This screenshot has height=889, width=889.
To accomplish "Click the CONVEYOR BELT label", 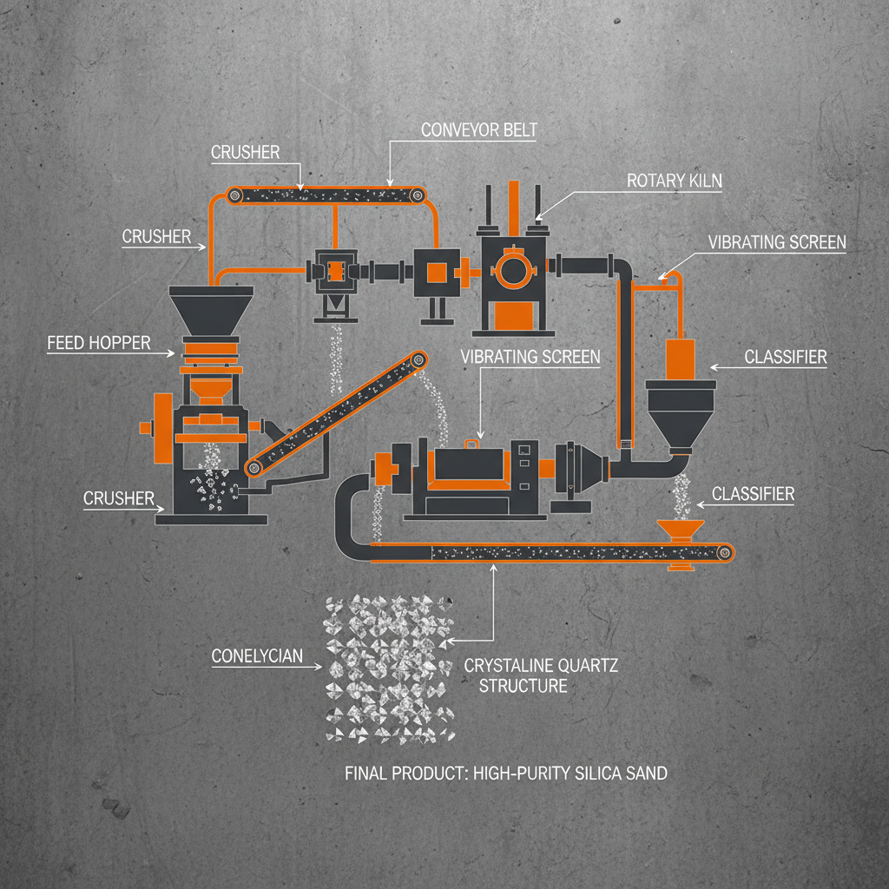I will coord(478,131).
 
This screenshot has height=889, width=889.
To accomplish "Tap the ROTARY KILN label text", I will coord(674,181).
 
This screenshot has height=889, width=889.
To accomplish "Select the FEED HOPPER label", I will coord(98,343).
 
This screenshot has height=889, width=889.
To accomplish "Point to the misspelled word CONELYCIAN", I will coord(258,655).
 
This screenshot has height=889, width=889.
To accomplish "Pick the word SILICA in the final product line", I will coord(586,773).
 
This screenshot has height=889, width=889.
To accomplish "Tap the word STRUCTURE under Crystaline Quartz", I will coord(524,686).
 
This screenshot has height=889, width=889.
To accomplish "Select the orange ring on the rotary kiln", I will coord(510,267).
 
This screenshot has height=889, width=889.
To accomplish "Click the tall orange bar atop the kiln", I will coord(513,204).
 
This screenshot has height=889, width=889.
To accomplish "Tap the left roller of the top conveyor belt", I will coord(234,197).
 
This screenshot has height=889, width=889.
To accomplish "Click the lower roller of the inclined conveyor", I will coord(254,467).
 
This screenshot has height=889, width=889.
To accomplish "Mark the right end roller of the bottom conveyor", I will coord(724,552).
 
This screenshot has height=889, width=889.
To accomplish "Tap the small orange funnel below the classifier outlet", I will coord(679,531).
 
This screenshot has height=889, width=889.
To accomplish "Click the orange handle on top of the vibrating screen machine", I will coord(473,444).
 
